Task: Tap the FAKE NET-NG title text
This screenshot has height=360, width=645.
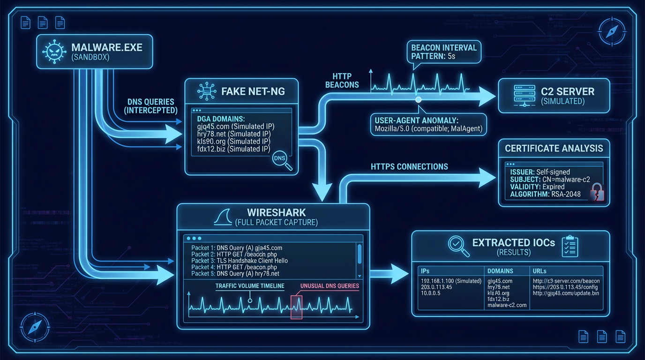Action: coord(253,91)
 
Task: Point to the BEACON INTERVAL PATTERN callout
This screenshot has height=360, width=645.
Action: coord(443,52)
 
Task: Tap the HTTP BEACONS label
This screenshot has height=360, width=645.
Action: coord(345,80)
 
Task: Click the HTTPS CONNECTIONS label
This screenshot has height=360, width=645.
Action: coord(409,166)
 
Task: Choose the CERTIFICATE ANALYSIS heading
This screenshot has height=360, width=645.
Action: coord(554,149)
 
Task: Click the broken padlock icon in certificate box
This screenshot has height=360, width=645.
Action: coord(596,192)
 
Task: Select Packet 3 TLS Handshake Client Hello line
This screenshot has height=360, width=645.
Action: coord(240,261)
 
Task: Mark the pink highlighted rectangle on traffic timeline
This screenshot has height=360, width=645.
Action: coord(296,307)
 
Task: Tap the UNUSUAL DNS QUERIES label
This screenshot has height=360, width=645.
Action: coord(329,285)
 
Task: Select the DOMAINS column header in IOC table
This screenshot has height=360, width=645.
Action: coord(500,271)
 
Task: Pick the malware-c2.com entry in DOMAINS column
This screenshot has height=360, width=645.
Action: coord(507,305)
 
